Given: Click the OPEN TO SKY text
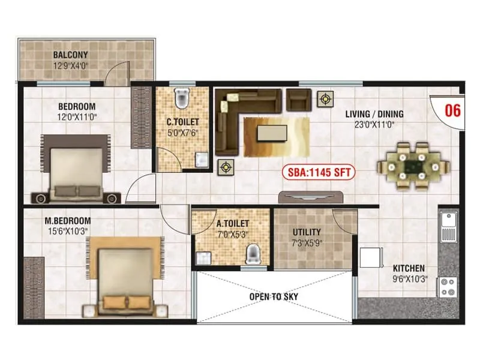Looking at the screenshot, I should (274, 296).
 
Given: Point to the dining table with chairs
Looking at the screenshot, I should (412, 165).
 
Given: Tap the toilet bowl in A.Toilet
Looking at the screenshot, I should (254, 254).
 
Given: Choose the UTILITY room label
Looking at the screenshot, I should (306, 232).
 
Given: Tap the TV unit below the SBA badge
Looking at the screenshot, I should (311, 196).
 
